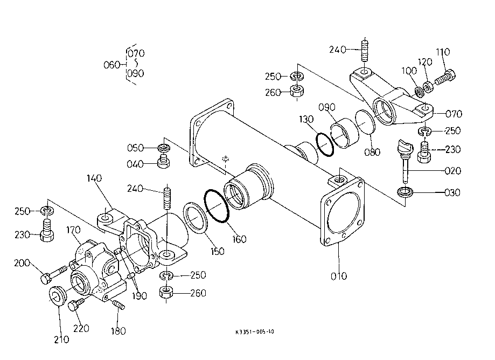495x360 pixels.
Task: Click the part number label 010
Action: click(x=339, y=276)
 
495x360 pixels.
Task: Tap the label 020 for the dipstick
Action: click(x=452, y=171)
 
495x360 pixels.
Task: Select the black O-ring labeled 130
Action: click(x=325, y=144)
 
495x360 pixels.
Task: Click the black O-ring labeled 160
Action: click(x=217, y=206)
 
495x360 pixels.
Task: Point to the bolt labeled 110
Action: click(x=445, y=78)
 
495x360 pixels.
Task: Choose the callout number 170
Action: click(x=73, y=230)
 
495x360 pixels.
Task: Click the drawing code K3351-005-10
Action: click(x=254, y=332)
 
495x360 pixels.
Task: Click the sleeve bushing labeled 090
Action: click(x=345, y=133)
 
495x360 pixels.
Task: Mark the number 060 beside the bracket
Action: click(x=111, y=65)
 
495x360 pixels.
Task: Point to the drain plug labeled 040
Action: click(x=164, y=161)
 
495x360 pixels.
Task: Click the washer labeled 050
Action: click(x=164, y=147)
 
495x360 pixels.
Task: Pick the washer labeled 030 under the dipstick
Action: click(x=405, y=192)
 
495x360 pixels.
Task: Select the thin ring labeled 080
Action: click(x=365, y=122)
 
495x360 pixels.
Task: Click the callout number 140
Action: click(x=94, y=178)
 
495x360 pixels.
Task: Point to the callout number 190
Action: click(x=139, y=296)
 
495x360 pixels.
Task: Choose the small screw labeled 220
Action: click(x=76, y=304)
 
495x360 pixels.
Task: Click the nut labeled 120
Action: click(x=428, y=86)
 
